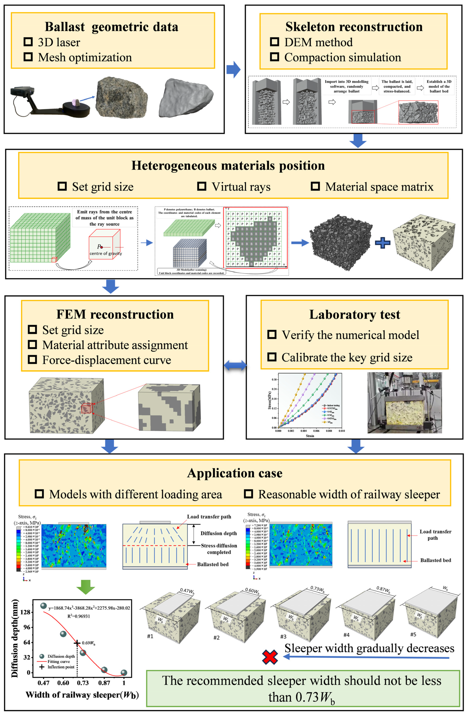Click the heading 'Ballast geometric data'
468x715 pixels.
[x=112, y=27]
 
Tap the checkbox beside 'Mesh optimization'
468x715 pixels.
[x=28, y=57]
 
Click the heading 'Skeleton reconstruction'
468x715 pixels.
[x=354, y=27]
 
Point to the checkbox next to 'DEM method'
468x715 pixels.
[x=274, y=42]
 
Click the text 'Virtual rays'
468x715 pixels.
[x=241, y=187]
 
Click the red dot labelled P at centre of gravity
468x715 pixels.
[x=102, y=247]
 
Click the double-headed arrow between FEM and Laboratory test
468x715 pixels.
[x=235, y=366]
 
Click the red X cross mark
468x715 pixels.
[x=270, y=657]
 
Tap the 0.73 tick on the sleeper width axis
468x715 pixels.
[x=83, y=683]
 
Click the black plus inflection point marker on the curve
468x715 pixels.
[x=77, y=643]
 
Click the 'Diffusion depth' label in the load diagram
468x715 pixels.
[x=218, y=533]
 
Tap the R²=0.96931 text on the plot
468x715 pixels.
[x=79, y=616]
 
